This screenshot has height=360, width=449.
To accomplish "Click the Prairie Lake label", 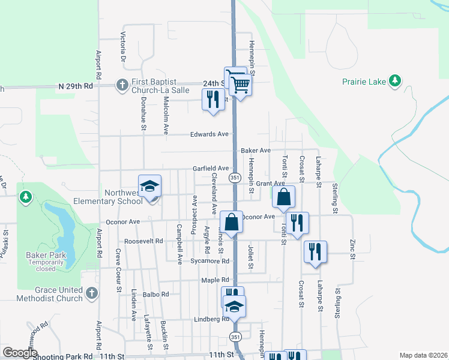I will [x=363, y=81].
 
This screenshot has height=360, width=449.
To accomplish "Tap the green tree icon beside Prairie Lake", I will [x=394, y=81].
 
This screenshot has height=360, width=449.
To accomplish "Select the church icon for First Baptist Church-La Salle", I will [x=122, y=85].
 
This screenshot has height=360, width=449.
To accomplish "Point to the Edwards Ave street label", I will [x=210, y=134].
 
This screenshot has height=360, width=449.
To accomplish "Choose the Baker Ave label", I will [x=256, y=150].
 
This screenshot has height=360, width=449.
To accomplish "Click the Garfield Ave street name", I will [x=210, y=169].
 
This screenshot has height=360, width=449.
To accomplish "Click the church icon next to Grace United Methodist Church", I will [x=91, y=293].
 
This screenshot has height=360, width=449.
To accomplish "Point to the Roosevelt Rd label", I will [x=143, y=241].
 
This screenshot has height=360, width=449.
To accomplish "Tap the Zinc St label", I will [x=353, y=246].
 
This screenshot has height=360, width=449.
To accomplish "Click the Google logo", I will [x=20, y=353].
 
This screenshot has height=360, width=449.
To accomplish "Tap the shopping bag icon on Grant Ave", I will [x=284, y=196].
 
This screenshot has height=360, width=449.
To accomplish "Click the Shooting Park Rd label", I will [x=63, y=356].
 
